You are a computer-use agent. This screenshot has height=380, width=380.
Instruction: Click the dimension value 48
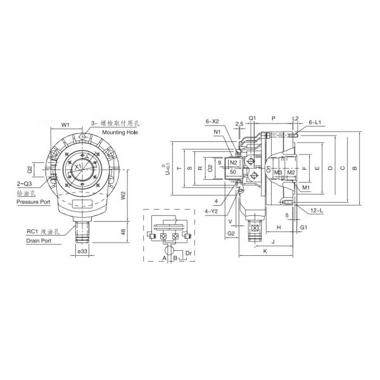122,232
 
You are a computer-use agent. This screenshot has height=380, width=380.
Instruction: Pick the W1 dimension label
65,125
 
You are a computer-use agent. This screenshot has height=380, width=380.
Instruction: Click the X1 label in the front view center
78,167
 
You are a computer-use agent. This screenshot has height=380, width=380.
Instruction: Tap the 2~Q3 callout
25,184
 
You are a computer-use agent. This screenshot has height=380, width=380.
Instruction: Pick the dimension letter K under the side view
265,251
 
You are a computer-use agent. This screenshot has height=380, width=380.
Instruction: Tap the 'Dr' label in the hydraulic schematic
188,253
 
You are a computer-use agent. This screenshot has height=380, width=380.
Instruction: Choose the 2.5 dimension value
239,124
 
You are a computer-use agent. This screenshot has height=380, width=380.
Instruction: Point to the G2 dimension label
231,234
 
